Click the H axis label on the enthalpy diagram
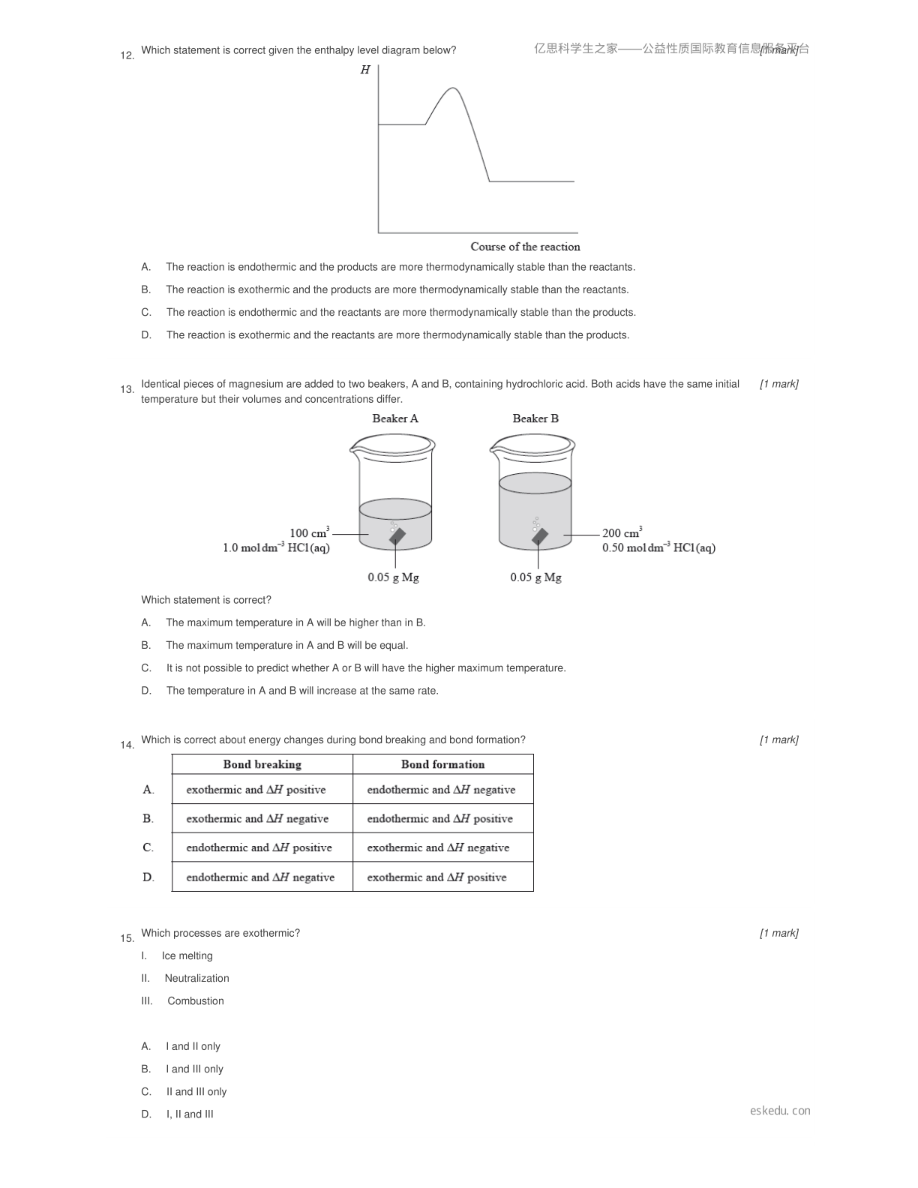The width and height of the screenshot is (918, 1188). pyautogui.click(x=365, y=70)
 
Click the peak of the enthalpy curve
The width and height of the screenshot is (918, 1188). pyautogui.click(x=453, y=88)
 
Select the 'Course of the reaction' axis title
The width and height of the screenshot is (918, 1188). pyautogui.click(x=525, y=247)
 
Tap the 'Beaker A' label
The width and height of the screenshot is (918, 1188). pyautogui.click(x=394, y=418)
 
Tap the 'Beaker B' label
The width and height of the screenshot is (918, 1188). pyautogui.click(x=535, y=418)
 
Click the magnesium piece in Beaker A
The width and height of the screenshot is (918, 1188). pyautogui.click(x=397, y=536)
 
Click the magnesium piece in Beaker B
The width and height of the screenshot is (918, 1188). pyautogui.click(x=540, y=536)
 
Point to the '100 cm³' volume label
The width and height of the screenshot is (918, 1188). pyautogui.click(x=310, y=532)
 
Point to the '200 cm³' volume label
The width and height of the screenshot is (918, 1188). pyautogui.click(x=622, y=532)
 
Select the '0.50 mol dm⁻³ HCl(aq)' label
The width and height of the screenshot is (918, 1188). pyautogui.click(x=658, y=547)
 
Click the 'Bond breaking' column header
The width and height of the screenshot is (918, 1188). pyautogui.click(x=262, y=764)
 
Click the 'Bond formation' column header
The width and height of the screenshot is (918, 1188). pyautogui.click(x=442, y=764)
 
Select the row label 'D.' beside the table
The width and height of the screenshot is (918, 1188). pyautogui.click(x=148, y=877)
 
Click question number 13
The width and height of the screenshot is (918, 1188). pyautogui.click(x=127, y=389)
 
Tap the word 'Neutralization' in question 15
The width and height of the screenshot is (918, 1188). pyautogui.click(x=196, y=978)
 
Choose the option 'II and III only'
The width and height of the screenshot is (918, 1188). pyautogui.click(x=196, y=1091)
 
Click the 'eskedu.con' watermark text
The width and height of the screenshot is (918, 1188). pyautogui.click(x=780, y=1110)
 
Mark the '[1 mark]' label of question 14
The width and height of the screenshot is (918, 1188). pyautogui.click(x=779, y=739)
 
